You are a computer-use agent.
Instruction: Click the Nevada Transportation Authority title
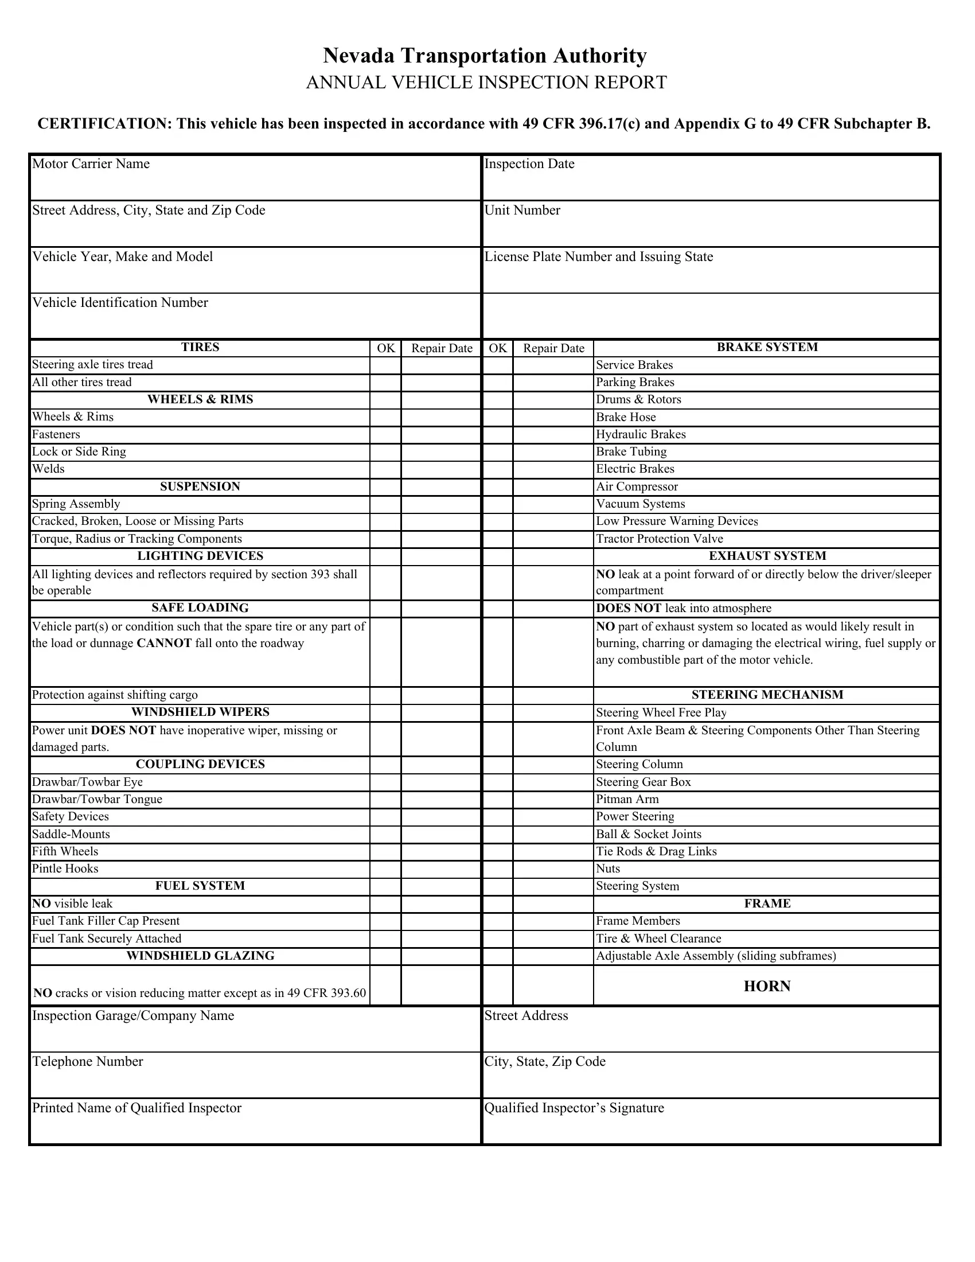click(485, 56)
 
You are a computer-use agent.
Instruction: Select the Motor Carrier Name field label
click(91, 164)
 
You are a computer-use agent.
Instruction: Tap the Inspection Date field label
click(529, 164)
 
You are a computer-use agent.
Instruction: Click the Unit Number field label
click(522, 211)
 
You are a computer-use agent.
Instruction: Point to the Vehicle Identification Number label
click(120, 303)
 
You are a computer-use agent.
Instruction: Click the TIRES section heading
click(200, 347)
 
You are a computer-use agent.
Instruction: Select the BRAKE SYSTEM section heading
click(767, 347)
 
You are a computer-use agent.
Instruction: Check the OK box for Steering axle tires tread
click(385, 365)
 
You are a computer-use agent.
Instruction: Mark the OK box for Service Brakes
click(497, 365)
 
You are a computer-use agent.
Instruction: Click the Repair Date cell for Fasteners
click(441, 435)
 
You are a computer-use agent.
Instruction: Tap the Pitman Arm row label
click(627, 800)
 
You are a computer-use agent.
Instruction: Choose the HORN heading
click(767, 987)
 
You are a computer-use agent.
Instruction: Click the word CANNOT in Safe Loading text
click(164, 644)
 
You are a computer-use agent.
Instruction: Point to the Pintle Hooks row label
click(65, 869)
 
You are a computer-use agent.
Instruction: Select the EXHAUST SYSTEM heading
click(767, 556)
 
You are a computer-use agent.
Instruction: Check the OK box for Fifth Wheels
click(385, 852)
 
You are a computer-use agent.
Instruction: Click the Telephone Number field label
click(88, 1062)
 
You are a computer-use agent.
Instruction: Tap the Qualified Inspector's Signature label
click(574, 1108)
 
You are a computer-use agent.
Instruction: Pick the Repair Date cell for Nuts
click(553, 869)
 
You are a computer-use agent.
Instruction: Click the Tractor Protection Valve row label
click(660, 539)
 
